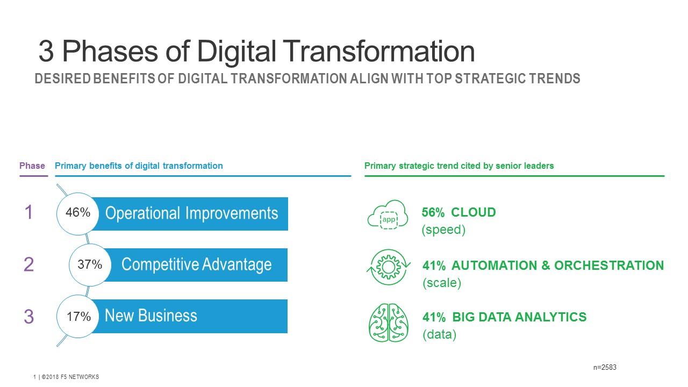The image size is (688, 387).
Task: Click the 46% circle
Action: coord(78,214)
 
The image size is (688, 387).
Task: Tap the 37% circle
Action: coord(90,265)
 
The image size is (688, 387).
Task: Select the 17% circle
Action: coord(78,317)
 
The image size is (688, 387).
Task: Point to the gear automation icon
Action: coord(389,267)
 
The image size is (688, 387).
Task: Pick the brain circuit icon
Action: coord(389,322)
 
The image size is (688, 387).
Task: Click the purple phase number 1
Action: coord(28,212)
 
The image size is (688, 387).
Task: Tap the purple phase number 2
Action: coord(28,264)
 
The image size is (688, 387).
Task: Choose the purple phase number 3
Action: coord(28,317)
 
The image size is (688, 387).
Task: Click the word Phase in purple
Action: coord(32,166)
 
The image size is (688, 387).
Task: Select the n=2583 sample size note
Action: coord(605,367)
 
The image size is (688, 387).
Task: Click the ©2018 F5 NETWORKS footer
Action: coord(70,377)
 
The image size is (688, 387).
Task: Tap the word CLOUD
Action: coord(474,212)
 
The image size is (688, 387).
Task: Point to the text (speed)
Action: coord(443,230)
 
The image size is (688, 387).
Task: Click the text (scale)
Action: coord(442,283)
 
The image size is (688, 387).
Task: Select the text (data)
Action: coord(440,334)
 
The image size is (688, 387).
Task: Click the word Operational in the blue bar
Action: coord(142,213)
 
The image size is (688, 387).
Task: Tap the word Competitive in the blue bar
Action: coord(160,264)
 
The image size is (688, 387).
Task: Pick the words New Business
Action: coord(151,316)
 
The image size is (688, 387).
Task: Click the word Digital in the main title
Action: coord(236,52)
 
